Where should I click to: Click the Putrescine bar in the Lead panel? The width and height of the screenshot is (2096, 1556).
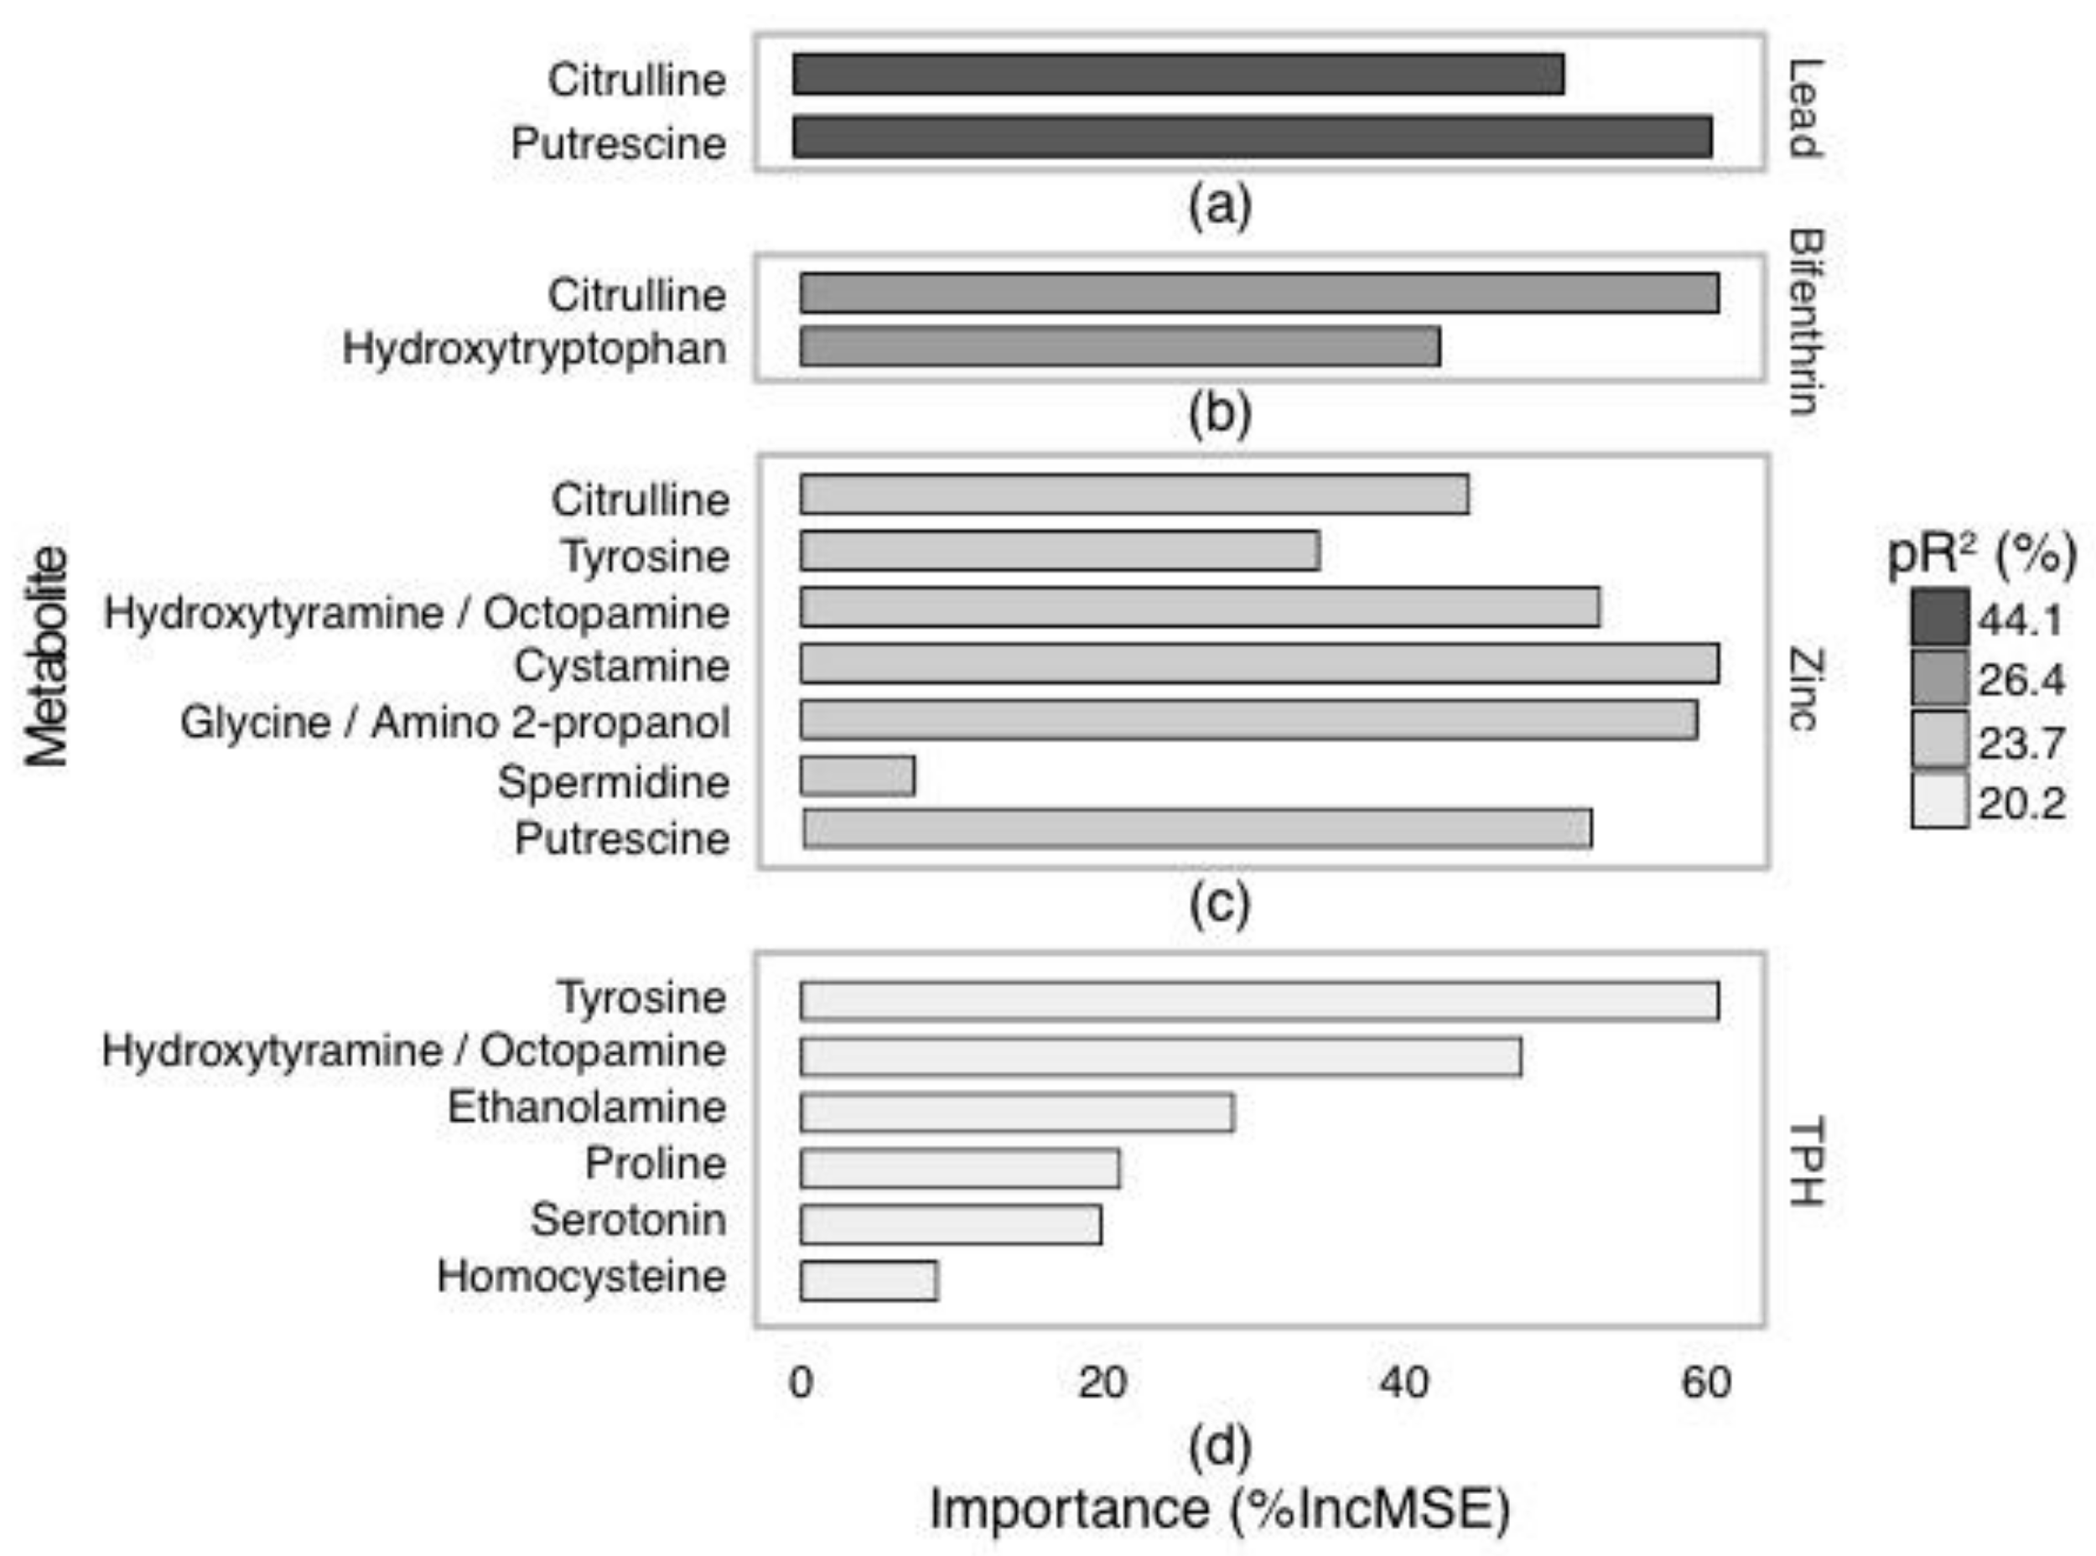1252,137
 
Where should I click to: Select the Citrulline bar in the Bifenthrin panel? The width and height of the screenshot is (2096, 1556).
1259,293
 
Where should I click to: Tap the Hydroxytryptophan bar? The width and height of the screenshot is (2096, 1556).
1120,346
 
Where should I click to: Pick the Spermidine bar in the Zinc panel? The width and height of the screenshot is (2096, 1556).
857,776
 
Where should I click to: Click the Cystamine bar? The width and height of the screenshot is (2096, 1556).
1259,663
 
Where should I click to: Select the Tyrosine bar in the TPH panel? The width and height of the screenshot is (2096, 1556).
1259,1000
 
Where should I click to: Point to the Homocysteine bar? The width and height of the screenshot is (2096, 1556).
869,1281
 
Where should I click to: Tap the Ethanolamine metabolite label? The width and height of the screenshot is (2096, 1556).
586,1107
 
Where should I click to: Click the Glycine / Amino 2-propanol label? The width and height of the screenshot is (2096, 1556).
455,724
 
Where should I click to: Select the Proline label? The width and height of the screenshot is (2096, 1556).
656,1164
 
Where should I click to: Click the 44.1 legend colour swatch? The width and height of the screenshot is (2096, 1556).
1939,618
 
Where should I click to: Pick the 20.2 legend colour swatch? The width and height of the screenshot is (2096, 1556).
1939,801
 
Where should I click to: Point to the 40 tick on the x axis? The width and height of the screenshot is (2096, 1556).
1403,1383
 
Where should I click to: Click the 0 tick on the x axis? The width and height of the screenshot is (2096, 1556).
801,1383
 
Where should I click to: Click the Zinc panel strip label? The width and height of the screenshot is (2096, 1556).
1804,688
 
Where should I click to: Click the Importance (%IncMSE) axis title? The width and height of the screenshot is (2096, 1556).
1220,1509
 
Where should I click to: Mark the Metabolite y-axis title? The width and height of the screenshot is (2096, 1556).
47,656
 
